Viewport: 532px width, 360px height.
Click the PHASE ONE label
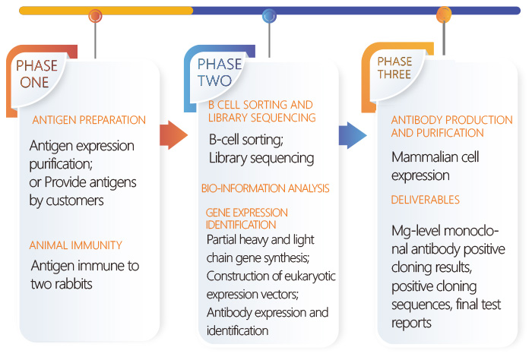point(36,74)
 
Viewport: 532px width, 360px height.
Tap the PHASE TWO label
point(220,72)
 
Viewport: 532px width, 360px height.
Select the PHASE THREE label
point(394,68)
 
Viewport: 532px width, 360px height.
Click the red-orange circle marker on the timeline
point(95,16)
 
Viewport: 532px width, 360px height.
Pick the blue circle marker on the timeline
point(269,16)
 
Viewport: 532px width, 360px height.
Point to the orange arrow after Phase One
point(173,135)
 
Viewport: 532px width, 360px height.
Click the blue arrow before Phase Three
point(353,135)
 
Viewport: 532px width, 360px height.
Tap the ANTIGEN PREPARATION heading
point(89,120)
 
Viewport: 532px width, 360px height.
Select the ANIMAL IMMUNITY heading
point(76,245)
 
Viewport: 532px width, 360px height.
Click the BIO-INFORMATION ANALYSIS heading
point(265,188)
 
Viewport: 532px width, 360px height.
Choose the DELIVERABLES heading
point(425,200)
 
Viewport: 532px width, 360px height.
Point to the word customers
point(74,201)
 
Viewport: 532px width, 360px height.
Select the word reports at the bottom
point(411,323)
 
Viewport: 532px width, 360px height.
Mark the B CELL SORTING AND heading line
point(260,105)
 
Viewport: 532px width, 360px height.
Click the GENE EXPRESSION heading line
point(247,213)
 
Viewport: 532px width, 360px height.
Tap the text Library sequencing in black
point(261,158)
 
